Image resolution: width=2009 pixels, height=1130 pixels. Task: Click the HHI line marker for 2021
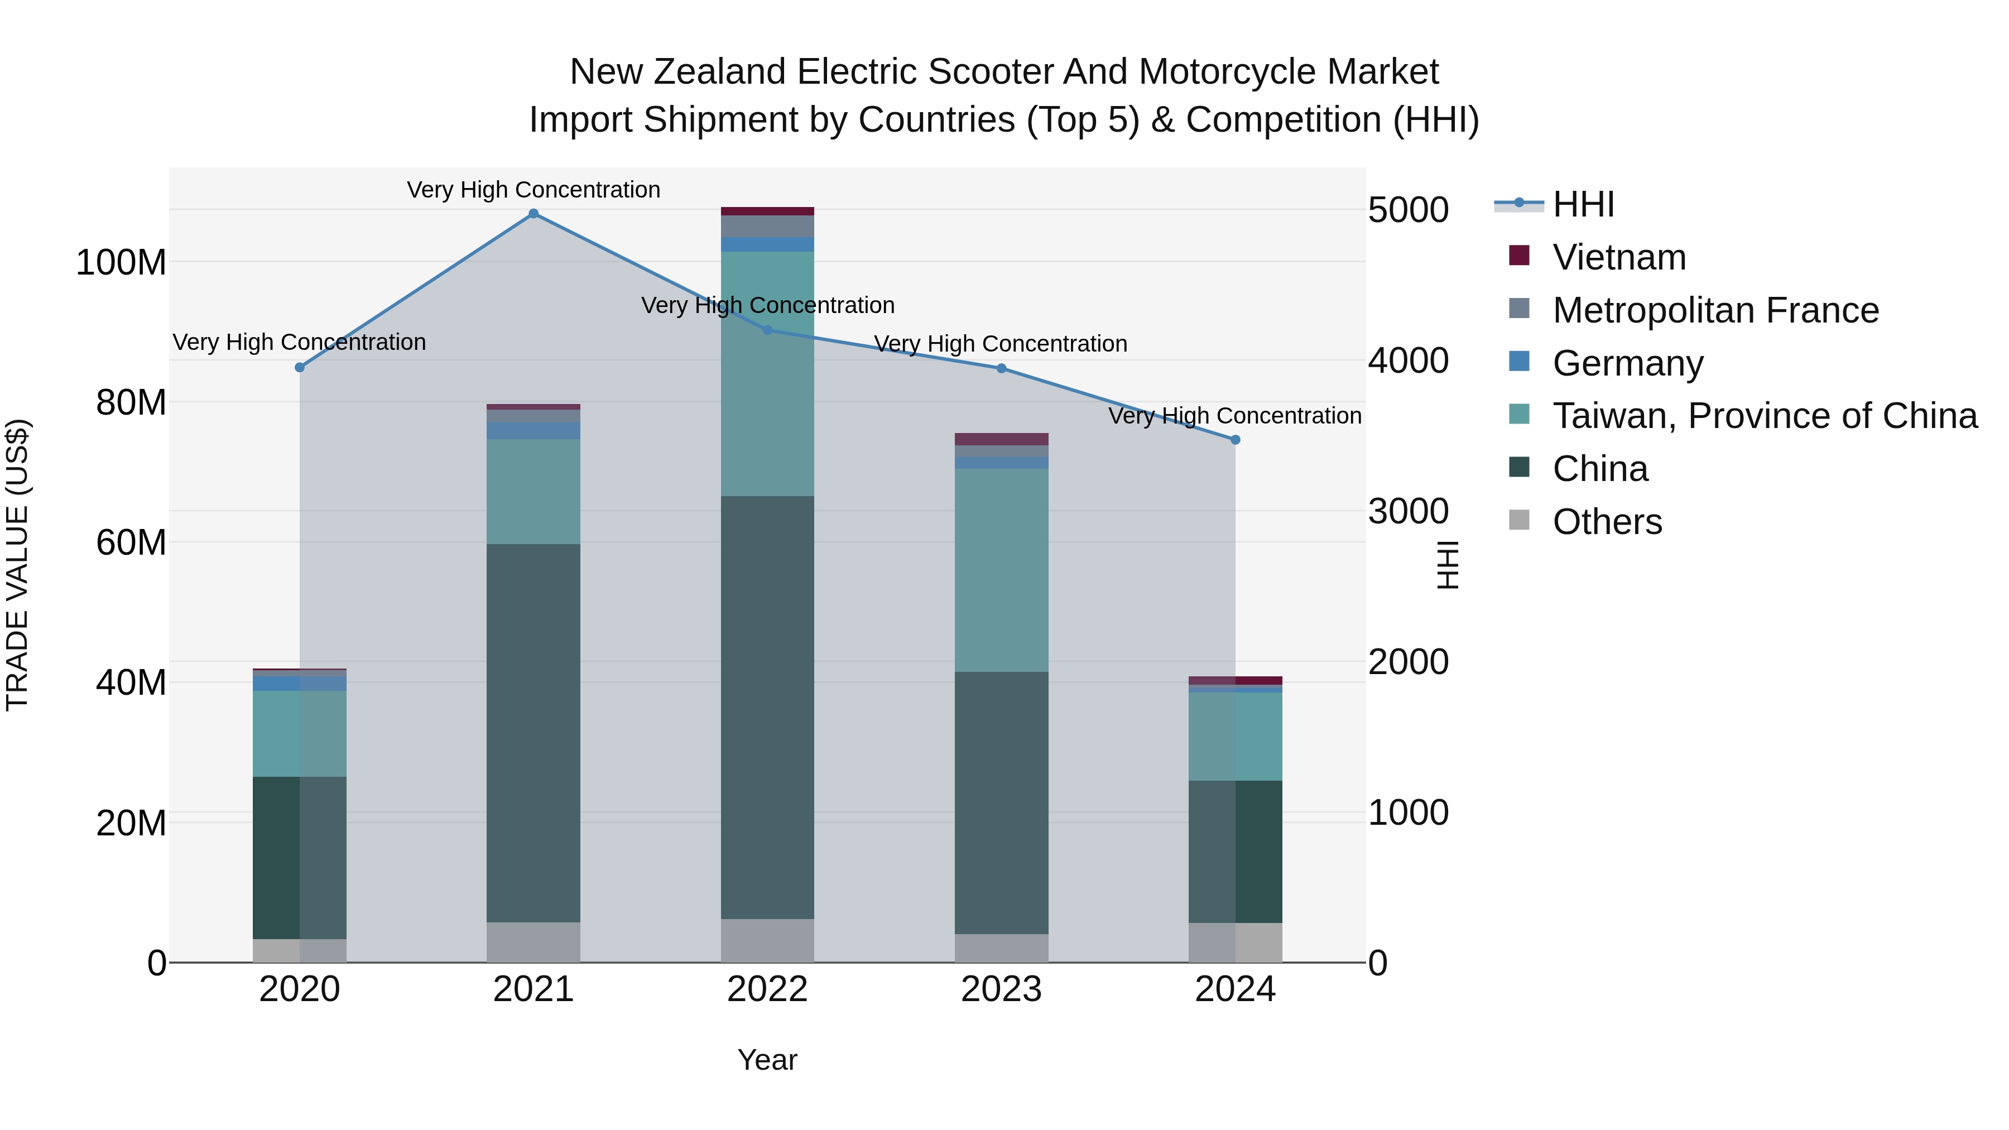coord(534,214)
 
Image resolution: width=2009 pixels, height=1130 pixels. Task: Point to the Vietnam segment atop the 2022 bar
coord(767,211)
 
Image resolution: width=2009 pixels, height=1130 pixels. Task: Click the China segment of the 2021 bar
coord(534,733)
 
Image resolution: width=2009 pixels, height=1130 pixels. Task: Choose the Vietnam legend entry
coord(1618,257)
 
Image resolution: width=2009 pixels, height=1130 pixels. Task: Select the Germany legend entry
coord(1628,363)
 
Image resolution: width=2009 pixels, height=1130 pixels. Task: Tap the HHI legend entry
coord(1583,204)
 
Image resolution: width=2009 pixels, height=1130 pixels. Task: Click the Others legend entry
coord(1607,522)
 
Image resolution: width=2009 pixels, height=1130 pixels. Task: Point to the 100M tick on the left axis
coord(121,263)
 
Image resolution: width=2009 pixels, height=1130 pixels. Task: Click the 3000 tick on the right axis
coord(1408,512)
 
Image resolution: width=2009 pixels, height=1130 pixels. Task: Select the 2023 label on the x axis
coord(1001,989)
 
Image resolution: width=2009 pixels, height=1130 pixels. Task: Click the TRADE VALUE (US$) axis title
coord(17,565)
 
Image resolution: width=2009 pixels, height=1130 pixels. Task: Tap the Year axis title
coord(767,1060)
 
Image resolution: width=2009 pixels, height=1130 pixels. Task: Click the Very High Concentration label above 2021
coord(534,190)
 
